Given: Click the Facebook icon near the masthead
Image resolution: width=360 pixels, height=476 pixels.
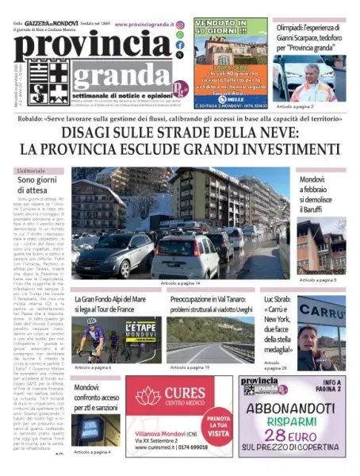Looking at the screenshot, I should [x=180, y=45].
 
